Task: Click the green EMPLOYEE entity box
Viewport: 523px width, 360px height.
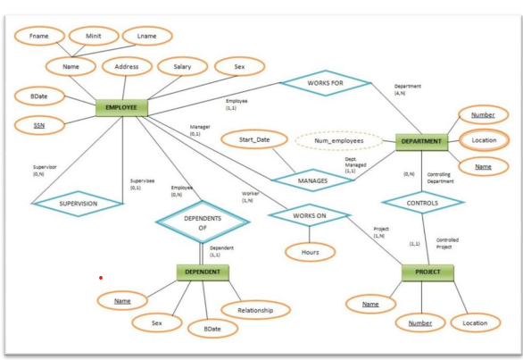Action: pyautogui.click(x=120, y=108)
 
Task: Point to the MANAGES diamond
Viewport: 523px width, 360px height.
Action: pyautogui.click(x=306, y=180)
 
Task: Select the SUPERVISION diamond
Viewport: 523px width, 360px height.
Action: pyautogui.click(x=78, y=204)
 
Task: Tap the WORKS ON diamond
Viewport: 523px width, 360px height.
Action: pyautogui.click(x=307, y=214)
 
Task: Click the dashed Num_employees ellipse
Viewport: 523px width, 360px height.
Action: pyautogui.click(x=331, y=140)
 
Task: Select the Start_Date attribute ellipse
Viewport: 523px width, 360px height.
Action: pyautogui.click(x=253, y=139)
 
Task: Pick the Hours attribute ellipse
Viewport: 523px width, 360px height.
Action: pyautogui.click(x=310, y=252)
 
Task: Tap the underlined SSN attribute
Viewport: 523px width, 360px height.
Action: pyautogui.click(x=38, y=126)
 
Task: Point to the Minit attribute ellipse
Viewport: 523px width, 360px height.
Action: pyautogui.click(x=93, y=36)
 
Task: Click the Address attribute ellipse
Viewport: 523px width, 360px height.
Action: pyautogui.click(x=120, y=66)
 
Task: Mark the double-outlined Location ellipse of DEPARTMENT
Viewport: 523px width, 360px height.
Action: pyautogui.click(x=484, y=140)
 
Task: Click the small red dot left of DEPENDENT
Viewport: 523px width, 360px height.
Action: pyautogui.click(x=101, y=278)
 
